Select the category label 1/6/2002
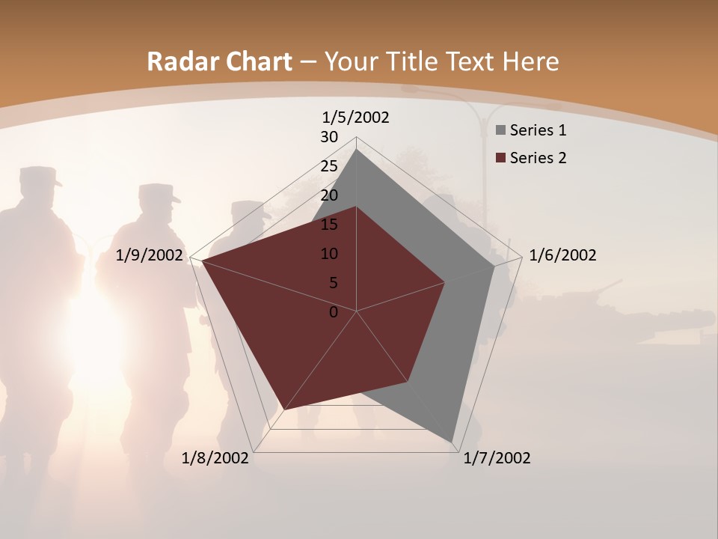tap(562, 255)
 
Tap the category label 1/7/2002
tap(497, 458)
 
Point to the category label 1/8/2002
tap(215, 458)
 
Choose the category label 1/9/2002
tap(150, 255)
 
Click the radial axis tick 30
tap(329, 137)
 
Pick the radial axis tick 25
tap(329, 166)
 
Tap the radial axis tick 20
tap(329, 195)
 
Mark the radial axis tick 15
tap(329, 225)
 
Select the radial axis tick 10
tap(329, 254)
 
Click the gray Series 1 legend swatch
tap(500, 131)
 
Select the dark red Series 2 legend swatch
tap(500, 158)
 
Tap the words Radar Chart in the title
tap(219, 61)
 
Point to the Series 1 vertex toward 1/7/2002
tap(452, 441)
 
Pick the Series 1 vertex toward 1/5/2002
tap(357, 150)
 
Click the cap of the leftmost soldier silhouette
tap(39, 177)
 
